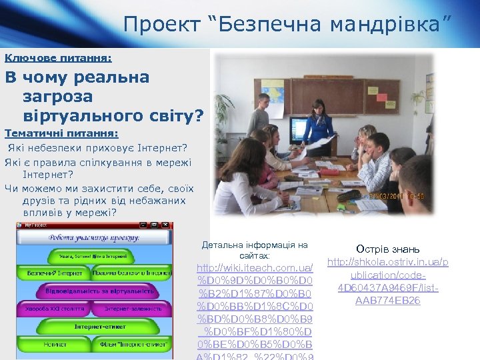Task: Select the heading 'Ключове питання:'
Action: pyautogui.click(x=58, y=58)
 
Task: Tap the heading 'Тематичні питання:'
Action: pyautogui.click(x=61, y=133)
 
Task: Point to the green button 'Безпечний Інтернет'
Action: pyautogui.click(x=55, y=273)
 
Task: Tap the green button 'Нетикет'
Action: pyautogui.click(x=55, y=344)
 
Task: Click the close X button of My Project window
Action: pyautogui.click(x=168, y=226)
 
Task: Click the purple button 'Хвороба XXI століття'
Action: pyautogui.click(x=55, y=309)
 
